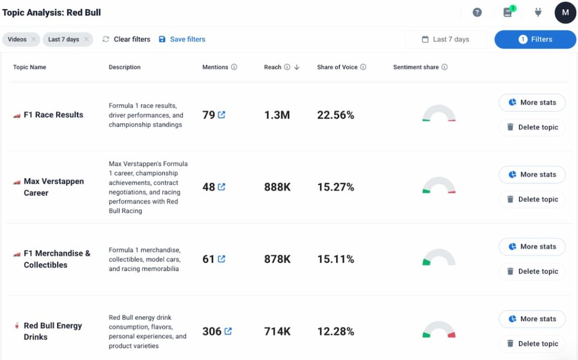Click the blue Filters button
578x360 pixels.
[x=535, y=40]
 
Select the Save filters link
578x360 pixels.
[x=182, y=40]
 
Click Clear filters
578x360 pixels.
[x=126, y=40]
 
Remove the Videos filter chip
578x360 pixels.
[x=33, y=40]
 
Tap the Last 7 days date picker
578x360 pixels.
[x=446, y=40]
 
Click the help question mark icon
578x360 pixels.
[x=477, y=13]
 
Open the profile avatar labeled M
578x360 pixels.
[x=565, y=13]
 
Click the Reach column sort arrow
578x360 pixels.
[x=297, y=67]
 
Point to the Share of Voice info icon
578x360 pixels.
[x=363, y=67]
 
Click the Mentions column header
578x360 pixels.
[x=215, y=67]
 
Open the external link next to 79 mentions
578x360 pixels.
[x=222, y=115]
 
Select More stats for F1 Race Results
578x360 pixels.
[x=532, y=102]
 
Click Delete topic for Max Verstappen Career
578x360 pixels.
[x=532, y=199]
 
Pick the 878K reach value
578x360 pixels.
[x=277, y=259]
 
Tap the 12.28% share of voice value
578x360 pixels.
[x=336, y=331]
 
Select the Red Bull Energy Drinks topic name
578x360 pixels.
[x=53, y=331]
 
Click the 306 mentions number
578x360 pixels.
[x=212, y=331]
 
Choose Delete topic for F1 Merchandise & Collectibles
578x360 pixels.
[x=532, y=272]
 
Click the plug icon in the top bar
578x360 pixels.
[x=538, y=13]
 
